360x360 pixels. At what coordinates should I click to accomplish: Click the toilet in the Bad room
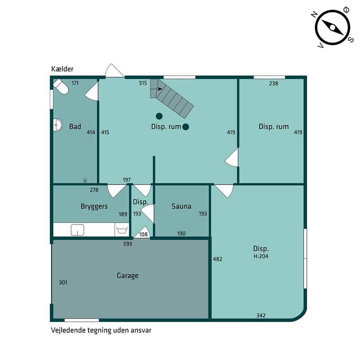(61, 87)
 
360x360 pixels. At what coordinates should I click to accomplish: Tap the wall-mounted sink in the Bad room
(58, 125)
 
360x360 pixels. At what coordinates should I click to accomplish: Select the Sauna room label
(181, 206)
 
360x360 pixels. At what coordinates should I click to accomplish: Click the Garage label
(128, 275)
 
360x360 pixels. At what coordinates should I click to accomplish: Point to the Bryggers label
(94, 206)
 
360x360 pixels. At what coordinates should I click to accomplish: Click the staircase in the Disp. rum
(172, 98)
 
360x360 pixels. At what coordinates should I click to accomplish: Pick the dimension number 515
(143, 83)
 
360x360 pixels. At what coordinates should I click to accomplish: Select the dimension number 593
(128, 244)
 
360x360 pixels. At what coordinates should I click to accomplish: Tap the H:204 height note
(261, 256)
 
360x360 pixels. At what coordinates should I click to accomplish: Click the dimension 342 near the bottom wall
(261, 315)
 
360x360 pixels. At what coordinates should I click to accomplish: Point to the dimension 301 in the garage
(63, 283)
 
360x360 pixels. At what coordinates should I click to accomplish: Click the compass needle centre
(332, 28)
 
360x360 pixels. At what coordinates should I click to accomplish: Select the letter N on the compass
(314, 15)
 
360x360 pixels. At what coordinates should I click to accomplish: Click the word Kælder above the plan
(62, 69)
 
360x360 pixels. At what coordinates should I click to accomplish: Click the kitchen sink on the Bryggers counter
(77, 230)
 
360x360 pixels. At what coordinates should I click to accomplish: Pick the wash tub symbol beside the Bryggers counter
(122, 230)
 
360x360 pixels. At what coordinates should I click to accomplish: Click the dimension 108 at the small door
(143, 234)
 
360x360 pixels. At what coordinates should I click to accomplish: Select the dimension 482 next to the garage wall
(217, 259)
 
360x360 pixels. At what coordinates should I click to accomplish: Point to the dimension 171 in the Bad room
(75, 83)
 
